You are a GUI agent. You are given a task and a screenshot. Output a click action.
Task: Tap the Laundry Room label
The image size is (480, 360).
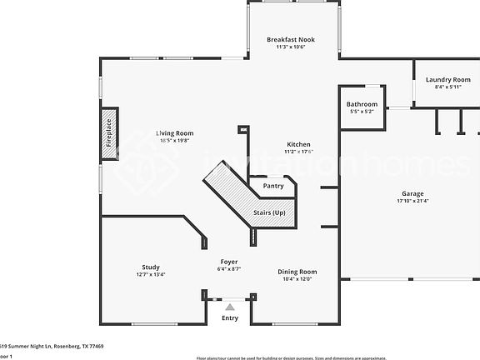point(447,79)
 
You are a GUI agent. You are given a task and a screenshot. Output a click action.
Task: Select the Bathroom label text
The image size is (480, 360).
point(362,104)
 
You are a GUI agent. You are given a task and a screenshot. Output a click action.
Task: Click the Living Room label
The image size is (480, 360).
point(175,132)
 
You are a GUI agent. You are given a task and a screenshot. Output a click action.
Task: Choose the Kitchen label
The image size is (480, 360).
point(298,144)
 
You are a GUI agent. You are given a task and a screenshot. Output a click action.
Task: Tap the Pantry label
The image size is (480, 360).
point(273,186)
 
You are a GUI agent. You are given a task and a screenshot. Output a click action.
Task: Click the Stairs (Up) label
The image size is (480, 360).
point(269,213)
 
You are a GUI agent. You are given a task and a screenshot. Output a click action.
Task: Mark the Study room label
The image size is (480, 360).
point(150,267)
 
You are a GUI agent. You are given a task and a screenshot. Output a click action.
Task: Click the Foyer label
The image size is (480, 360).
point(229,262)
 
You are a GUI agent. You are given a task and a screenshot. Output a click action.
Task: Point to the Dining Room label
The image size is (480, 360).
point(297,272)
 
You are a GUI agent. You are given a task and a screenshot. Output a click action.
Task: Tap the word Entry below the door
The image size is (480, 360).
point(229,317)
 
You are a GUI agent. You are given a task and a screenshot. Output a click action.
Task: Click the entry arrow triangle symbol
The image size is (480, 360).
point(230,307)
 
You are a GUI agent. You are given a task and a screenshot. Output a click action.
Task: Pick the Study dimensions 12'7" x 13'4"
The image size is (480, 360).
point(150,274)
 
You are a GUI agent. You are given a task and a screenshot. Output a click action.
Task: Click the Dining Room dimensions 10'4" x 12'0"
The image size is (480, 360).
point(297,279)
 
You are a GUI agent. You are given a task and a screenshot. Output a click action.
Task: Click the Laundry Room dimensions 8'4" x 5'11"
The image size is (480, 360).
point(447,87)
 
